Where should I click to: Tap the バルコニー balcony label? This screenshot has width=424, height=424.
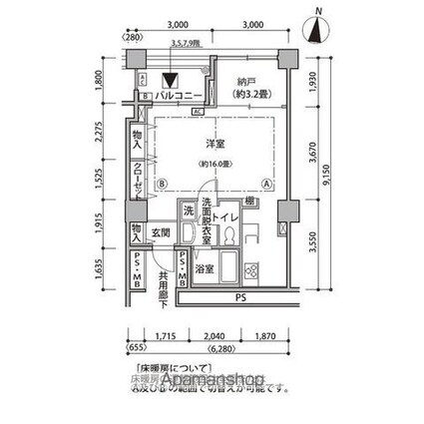click(181, 96)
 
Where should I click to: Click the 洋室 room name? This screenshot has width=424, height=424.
click(208, 144)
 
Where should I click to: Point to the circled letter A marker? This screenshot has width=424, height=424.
click(265, 184)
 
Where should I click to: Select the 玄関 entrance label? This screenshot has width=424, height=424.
click(162, 232)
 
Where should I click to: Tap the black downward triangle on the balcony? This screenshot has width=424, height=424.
click(171, 82)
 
